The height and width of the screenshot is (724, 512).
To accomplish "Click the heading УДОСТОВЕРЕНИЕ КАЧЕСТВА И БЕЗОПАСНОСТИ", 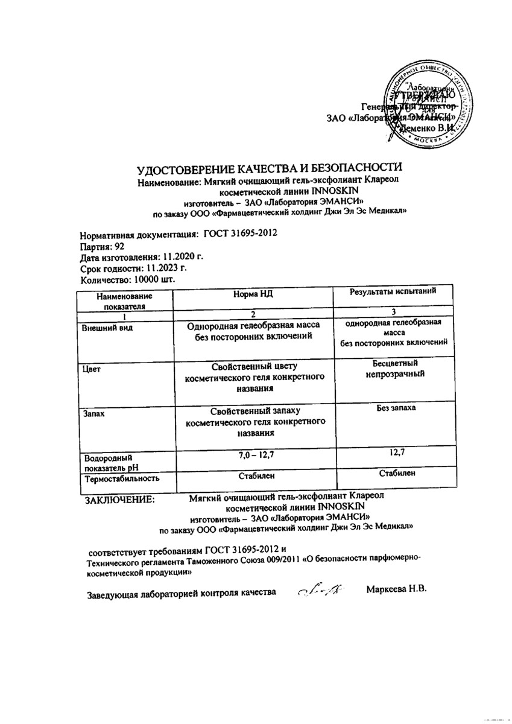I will click(269, 169).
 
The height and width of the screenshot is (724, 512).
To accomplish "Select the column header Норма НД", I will click(253, 294).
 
